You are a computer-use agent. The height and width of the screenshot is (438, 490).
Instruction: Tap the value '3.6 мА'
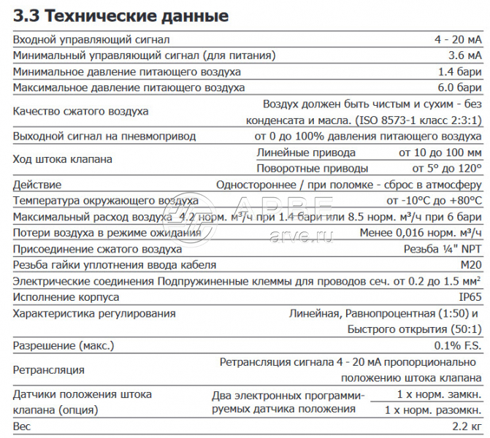(464, 55)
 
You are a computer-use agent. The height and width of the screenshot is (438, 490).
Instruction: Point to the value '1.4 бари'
(460, 72)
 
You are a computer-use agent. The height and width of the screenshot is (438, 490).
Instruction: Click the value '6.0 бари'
(460, 88)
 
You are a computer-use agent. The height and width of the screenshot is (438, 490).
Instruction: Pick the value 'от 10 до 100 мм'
(440, 152)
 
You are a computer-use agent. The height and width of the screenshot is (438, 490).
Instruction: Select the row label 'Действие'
(37, 185)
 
